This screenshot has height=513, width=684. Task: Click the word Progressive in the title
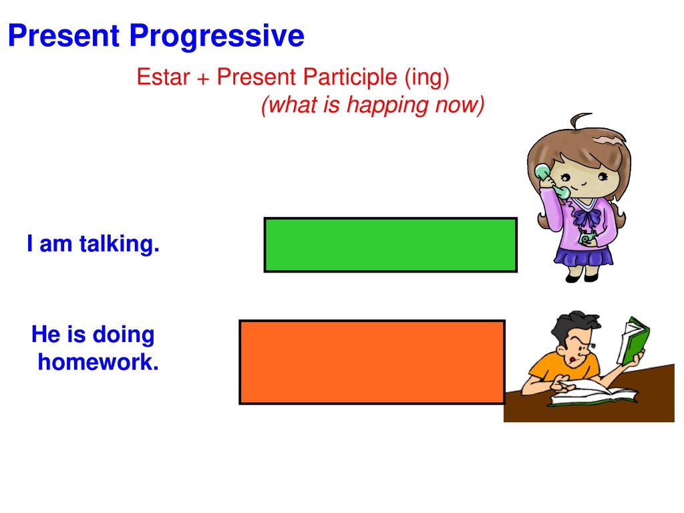[217, 36]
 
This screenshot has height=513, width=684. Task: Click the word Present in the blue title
[63, 35]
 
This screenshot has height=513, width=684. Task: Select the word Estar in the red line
[163, 77]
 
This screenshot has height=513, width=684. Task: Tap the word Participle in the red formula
[350, 77]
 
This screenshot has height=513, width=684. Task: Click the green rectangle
[390, 244]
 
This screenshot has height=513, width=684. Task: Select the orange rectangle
[372, 362]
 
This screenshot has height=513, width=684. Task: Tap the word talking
[119, 244]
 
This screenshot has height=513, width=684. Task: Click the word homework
[98, 362]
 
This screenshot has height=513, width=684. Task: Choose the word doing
[124, 335]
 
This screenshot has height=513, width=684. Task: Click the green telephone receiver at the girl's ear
[551, 180]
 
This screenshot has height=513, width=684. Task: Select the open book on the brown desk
[593, 394]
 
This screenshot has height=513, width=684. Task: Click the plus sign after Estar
[203, 79]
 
